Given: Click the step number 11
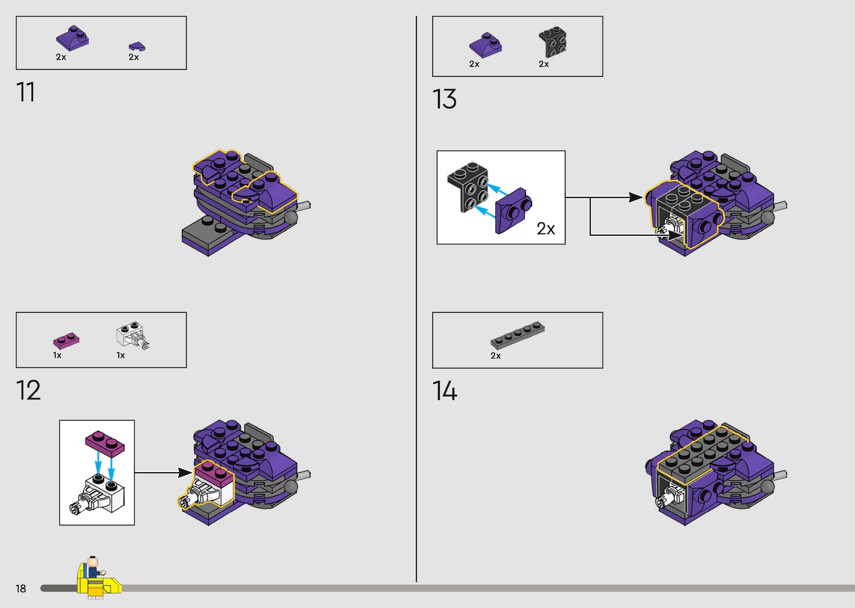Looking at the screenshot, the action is click(25, 92).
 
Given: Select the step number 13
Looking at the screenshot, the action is click(444, 99).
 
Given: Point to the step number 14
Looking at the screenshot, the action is click(445, 391).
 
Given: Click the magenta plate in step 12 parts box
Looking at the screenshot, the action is click(66, 340).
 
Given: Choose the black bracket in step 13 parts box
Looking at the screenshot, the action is click(553, 43).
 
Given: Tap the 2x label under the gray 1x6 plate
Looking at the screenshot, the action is click(496, 356).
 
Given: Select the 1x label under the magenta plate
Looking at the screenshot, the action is click(57, 355).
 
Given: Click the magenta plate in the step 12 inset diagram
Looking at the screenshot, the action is click(105, 444).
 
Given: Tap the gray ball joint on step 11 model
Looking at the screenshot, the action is click(291, 217).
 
